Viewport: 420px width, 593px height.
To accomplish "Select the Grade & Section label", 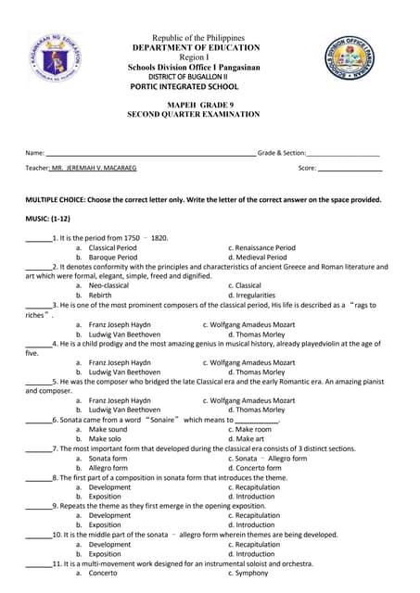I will [281, 152].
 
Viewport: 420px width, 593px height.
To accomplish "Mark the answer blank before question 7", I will [38, 448].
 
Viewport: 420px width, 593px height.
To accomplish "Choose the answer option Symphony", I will [252, 574].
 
